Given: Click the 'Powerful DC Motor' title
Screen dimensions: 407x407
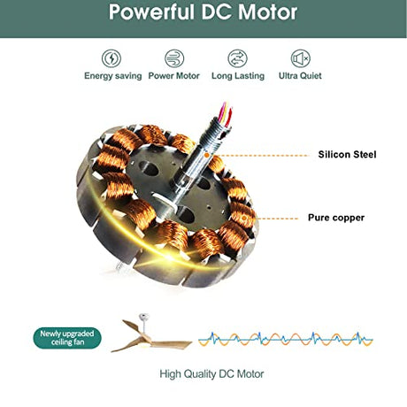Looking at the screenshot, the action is [203, 12].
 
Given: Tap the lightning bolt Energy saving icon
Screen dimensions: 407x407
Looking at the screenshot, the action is [111, 58].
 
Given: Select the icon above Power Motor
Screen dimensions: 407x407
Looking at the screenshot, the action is [174, 58].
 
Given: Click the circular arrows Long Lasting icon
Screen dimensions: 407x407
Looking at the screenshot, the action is [237, 58].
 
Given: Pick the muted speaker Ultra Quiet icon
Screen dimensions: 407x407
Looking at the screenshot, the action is [300, 58].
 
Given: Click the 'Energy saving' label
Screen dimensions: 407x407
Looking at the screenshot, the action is [113, 76].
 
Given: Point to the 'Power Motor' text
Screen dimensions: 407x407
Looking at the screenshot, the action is [174, 76].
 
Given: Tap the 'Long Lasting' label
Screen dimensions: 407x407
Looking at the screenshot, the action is [238, 76].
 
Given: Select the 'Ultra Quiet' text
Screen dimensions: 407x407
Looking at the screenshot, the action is [300, 76].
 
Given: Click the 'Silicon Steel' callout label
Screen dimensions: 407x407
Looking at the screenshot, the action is [347, 155].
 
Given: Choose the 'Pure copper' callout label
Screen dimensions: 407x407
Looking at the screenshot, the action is [336, 218].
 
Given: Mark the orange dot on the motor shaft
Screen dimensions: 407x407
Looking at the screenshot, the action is [207, 155].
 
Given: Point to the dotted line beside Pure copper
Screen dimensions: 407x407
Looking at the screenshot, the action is [277, 219].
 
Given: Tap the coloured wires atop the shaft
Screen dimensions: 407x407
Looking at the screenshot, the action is [227, 113].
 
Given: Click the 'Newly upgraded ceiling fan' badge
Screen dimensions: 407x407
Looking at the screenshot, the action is [67, 338].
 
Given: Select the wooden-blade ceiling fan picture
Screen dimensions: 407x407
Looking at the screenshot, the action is [151, 333].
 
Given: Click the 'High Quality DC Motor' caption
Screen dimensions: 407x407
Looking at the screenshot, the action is [211, 374].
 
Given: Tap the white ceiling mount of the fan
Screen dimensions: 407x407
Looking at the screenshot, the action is [144, 318].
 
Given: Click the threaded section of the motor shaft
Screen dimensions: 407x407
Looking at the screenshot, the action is [217, 132].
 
